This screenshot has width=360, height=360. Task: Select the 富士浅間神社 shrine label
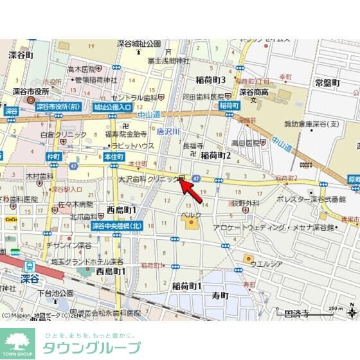(168, 60)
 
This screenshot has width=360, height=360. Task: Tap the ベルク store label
(191, 214)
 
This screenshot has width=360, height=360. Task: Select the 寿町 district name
(220, 295)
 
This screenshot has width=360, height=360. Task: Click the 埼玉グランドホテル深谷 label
(87, 261)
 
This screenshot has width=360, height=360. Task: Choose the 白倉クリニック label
(63, 134)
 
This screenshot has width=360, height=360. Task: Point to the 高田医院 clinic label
(244, 143)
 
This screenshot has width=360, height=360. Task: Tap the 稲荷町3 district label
(210, 80)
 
